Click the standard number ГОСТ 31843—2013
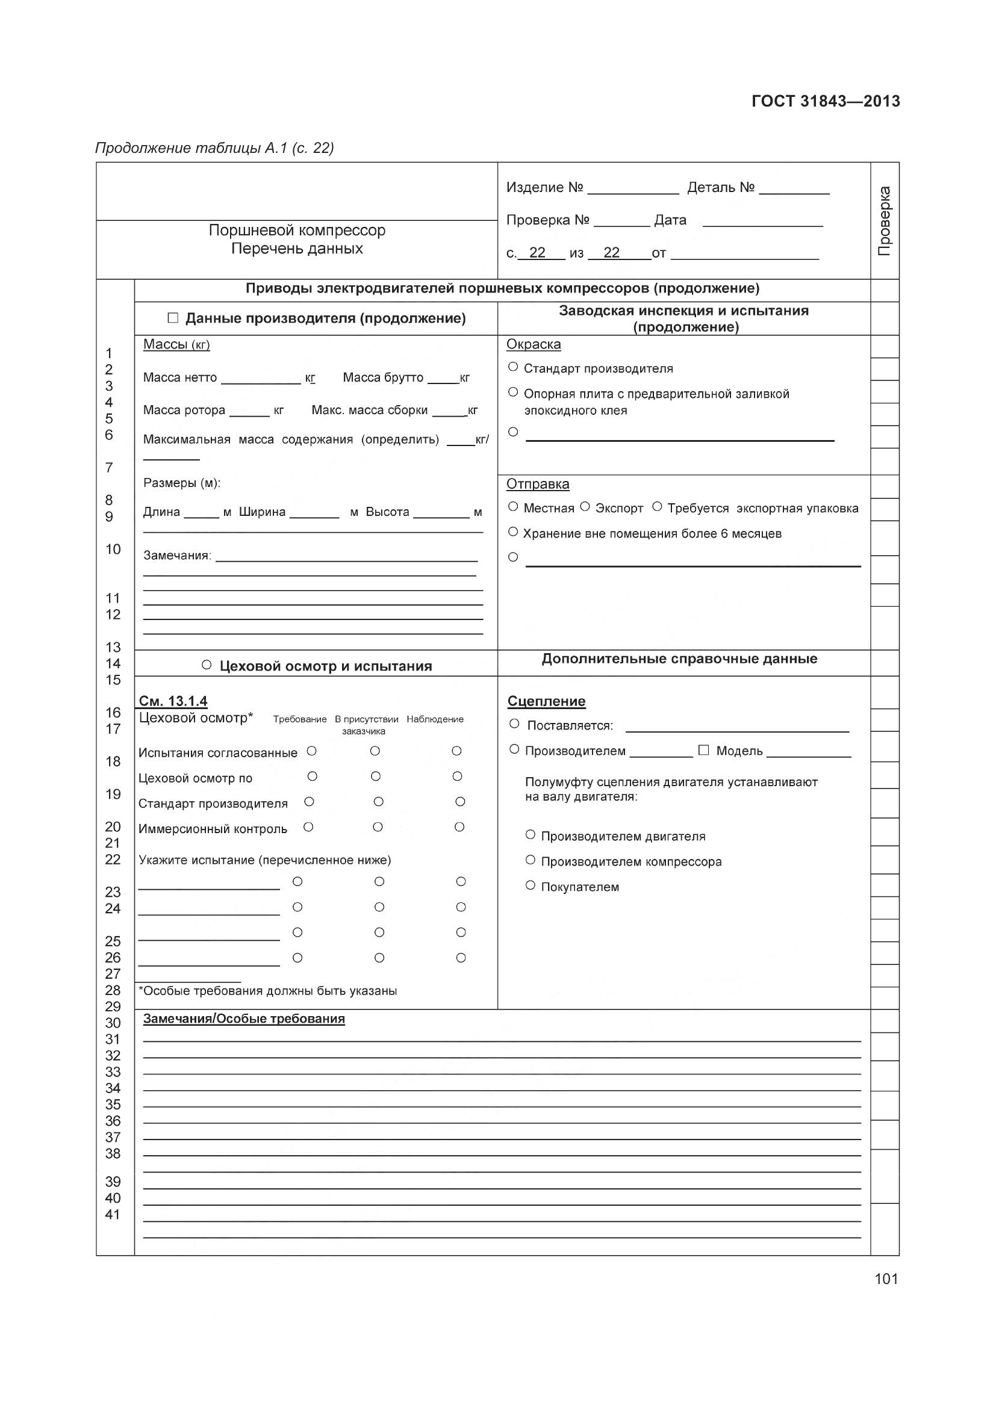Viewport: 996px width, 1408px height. tap(826, 101)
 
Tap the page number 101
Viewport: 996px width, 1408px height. tap(886, 1279)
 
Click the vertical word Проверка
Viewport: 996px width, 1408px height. tap(885, 221)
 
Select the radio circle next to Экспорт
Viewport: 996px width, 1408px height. tap(585, 506)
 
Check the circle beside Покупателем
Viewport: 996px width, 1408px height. tap(531, 885)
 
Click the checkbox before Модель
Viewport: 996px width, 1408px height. tap(703, 749)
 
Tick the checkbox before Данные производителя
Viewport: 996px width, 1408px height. tap(173, 318)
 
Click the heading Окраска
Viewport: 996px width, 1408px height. tap(533, 344)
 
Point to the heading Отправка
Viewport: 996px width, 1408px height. tap(537, 484)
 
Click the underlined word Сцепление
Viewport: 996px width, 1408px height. tap(546, 701)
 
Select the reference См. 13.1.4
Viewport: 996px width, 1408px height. tap(173, 700)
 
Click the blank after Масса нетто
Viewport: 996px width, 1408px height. tap(261, 379)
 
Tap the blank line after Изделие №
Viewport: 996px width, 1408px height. tap(632, 189)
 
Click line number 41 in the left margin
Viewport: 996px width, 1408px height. tap(113, 1214)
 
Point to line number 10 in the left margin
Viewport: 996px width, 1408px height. tap(113, 549)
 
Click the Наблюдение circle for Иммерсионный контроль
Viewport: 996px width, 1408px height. tap(459, 827)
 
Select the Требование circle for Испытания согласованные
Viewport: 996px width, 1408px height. tap(311, 751)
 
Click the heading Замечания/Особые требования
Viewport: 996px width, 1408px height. tap(243, 1019)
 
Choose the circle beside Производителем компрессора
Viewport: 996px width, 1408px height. tap(531, 860)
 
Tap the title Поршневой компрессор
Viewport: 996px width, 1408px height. tap(297, 230)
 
